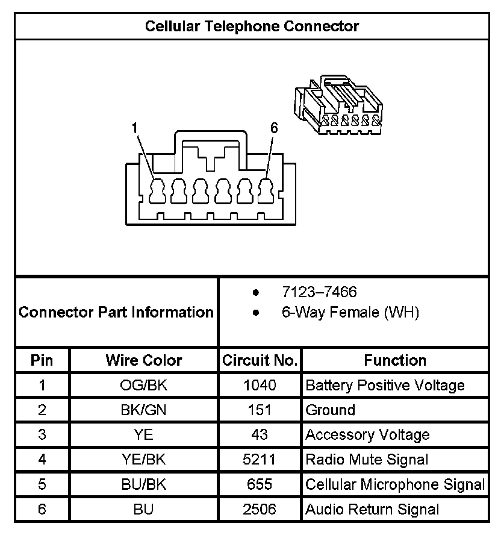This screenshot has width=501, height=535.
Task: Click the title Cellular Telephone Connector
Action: pos(252,27)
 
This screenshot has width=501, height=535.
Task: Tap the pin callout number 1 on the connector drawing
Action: pos(135,128)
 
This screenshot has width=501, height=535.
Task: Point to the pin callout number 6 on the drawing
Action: pos(274,128)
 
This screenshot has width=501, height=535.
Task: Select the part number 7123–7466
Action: pos(319,292)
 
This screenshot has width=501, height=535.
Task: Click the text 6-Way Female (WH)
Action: pos(350,313)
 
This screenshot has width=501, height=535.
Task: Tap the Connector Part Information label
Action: pos(116,313)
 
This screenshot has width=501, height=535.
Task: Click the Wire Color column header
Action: pos(143,360)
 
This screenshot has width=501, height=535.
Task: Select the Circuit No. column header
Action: pos(260,360)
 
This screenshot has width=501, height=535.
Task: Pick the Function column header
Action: pos(395,360)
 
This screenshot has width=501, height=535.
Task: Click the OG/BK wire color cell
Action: pos(143,386)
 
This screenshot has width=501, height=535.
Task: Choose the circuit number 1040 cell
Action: pos(260,386)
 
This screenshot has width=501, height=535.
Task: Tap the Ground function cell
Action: pos(331,410)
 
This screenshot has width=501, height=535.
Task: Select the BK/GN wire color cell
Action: pos(143,410)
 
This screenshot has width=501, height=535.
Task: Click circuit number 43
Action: pos(260,435)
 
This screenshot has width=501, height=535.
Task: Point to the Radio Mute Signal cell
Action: pos(367,460)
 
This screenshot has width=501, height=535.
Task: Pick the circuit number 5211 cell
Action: pos(260,460)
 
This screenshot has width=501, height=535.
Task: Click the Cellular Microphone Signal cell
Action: pos(395,484)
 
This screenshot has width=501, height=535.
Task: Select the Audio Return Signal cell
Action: pos(372,510)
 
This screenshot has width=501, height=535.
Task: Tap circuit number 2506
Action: pos(260,510)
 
